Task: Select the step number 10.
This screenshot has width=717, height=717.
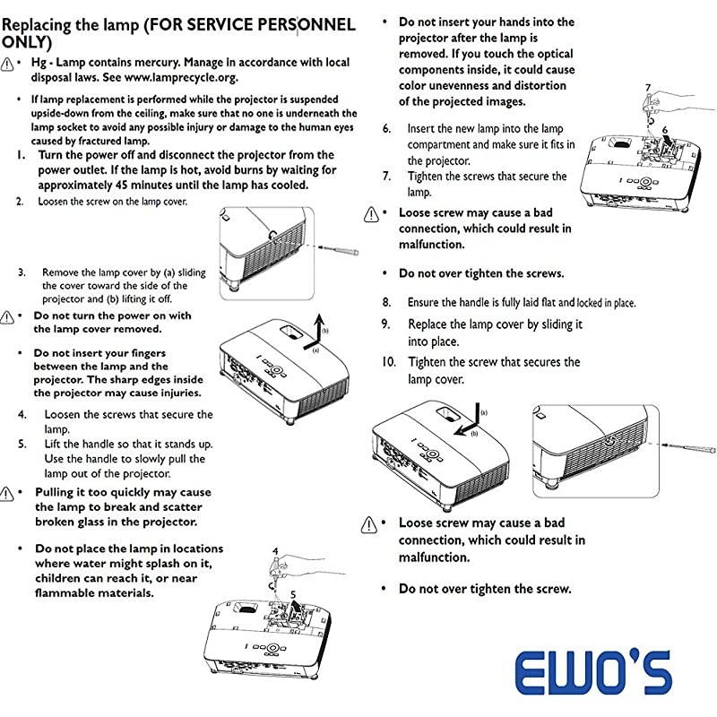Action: coord(388,362)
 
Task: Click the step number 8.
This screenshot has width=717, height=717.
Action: coord(387,303)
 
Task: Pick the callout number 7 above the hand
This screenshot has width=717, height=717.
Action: coord(648,88)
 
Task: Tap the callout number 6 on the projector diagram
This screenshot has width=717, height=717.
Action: coord(665,131)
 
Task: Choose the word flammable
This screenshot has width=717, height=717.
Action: coord(72,592)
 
